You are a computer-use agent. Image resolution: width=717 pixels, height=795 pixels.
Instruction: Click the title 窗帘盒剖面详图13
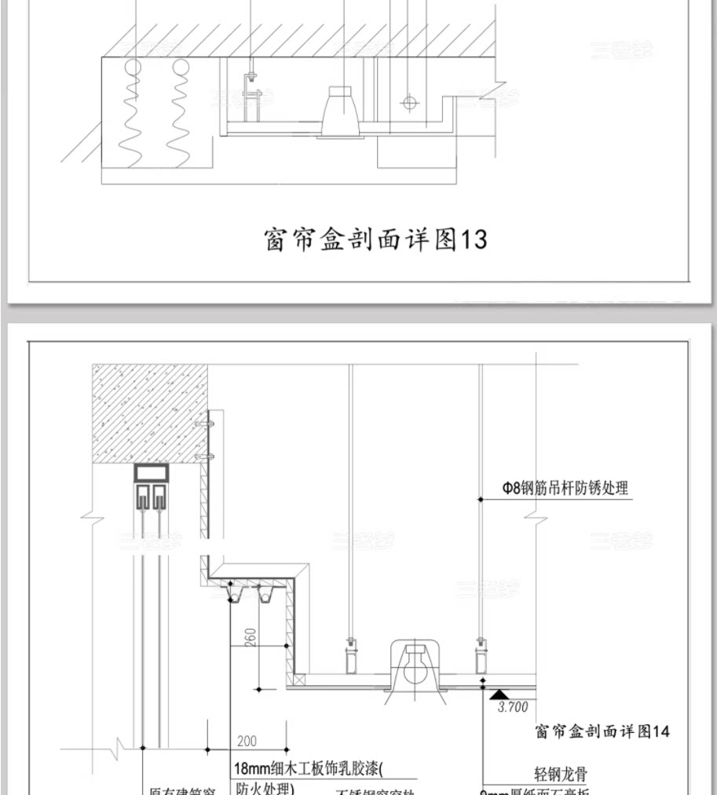coord(375,240)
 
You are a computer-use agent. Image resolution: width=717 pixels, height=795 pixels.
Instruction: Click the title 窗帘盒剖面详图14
coord(602,731)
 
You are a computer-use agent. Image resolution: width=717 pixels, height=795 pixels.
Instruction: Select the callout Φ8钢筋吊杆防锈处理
coord(565,488)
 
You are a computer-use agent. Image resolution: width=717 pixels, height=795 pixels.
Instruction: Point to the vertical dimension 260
coord(251,637)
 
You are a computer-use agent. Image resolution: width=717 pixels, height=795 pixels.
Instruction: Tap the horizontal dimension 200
coord(246,740)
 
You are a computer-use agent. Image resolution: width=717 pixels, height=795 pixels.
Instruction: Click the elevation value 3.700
coord(513,707)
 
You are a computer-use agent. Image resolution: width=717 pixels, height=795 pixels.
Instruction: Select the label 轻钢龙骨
coord(560,775)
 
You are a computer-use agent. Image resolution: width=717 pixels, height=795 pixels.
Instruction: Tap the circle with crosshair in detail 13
coord(408,102)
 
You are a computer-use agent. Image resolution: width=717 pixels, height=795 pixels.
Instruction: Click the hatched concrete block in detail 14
coord(149,413)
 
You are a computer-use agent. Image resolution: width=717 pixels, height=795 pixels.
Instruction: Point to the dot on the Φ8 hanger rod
coord(479,498)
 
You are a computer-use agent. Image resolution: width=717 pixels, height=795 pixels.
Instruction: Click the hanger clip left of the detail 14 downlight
coord(349,654)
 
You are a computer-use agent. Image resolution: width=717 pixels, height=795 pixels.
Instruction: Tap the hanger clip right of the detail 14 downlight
coord(480,654)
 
